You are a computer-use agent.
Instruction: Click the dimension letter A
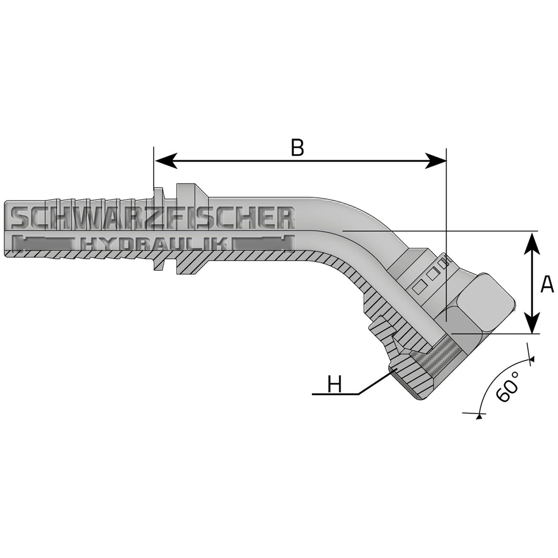547,285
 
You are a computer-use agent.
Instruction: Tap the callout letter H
335,385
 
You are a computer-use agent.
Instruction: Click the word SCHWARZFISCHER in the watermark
152,217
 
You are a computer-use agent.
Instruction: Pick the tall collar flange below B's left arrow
185,230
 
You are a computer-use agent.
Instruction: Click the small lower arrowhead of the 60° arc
479,416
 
